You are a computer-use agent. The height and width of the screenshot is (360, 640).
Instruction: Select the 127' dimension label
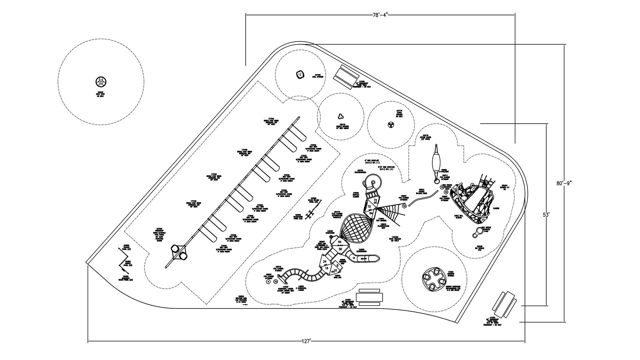point(306,341)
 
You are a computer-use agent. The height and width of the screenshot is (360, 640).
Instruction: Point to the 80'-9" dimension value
point(564,183)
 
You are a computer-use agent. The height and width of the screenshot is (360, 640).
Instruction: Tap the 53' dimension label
point(546,215)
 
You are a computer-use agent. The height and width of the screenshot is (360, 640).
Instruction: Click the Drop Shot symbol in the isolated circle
point(101,81)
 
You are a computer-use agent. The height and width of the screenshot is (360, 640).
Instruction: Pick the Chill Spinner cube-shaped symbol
point(300,75)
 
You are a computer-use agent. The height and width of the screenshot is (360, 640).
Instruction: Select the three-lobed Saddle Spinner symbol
point(340,116)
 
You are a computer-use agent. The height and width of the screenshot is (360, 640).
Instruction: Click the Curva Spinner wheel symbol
point(390,125)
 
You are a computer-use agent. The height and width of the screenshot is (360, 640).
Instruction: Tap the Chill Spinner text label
point(318,76)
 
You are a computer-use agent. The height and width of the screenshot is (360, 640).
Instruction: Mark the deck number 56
point(340,249)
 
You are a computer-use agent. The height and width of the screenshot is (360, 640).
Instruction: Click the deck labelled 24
point(325,262)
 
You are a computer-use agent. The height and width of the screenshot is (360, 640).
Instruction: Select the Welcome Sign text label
point(241,298)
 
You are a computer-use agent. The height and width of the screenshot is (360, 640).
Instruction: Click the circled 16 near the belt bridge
point(442,187)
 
